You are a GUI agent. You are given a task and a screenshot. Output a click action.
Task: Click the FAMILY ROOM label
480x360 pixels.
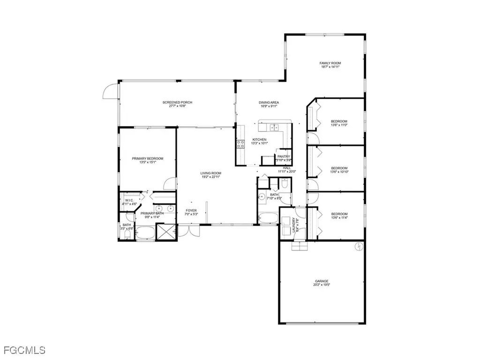(x=330, y=63)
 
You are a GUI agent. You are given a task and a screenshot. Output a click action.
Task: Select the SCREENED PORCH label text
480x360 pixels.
(x=177, y=102)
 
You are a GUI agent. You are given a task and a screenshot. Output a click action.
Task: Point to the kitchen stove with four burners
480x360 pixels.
(x=241, y=144)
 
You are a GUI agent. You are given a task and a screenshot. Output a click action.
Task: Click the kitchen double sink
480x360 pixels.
(x=273, y=127)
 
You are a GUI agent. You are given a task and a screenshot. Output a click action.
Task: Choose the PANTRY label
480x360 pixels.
(x=283, y=157)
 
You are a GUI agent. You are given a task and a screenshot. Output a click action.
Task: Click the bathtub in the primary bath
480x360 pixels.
(x=146, y=233)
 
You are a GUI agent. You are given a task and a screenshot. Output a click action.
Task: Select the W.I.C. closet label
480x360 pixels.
(x=130, y=200)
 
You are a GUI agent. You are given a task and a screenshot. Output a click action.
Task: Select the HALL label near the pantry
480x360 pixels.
(x=286, y=167)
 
